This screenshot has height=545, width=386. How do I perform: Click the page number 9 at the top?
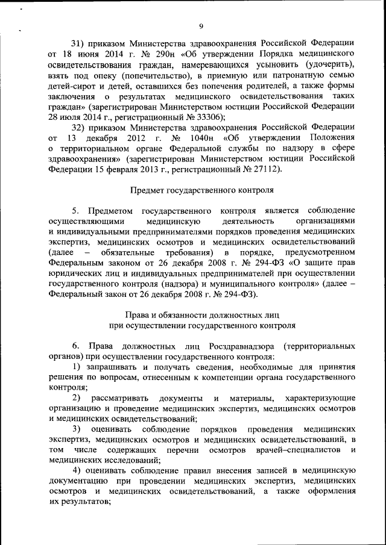[x=201, y=26]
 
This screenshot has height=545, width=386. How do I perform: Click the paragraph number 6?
[x=75, y=346]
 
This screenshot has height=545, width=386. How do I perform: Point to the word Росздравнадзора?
[x=239, y=346]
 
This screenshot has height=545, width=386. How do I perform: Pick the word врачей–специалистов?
[x=300, y=450]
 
